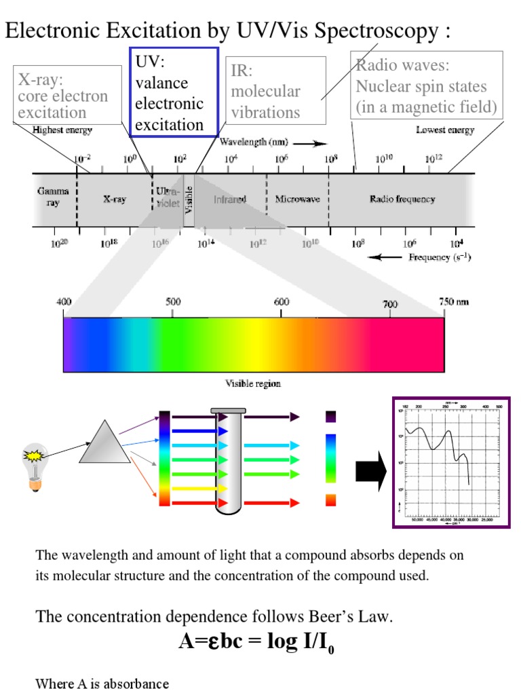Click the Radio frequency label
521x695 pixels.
[402, 200]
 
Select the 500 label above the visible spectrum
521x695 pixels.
[173, 302]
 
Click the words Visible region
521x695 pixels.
[253, 383]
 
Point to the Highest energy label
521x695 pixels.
[62, 130]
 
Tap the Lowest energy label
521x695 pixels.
[445, 130]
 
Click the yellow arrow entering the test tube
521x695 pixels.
[193, 489]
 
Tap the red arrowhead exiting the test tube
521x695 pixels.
[294, 503]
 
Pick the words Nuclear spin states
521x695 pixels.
[421, 86]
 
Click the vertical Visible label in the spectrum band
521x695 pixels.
[189, 200]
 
